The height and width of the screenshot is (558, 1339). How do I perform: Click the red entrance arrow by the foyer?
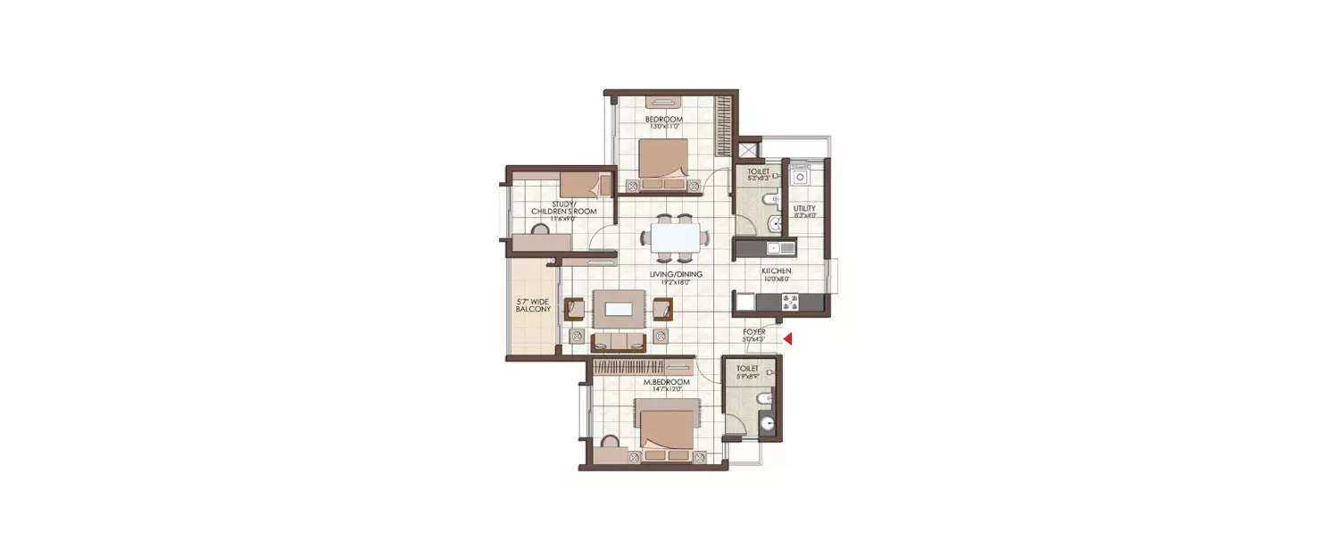coord(787,337)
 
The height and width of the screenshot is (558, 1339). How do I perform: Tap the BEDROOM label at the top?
coord(664,120)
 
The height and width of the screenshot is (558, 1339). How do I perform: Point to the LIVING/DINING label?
coord(676,274)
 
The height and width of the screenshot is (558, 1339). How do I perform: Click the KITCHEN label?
coord(776,271)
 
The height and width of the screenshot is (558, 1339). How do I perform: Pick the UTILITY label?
coord(804,209)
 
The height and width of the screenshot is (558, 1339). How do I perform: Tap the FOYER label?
coord(754,331)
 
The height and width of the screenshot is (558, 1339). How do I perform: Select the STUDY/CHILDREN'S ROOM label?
coord(562,207)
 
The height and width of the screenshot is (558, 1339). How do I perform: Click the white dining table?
coord(675,237)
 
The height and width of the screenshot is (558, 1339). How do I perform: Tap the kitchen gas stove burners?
coord(789,300)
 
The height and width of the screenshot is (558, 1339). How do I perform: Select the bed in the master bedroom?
coord(666,429)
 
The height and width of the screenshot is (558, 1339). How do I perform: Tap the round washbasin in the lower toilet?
coord(765,422)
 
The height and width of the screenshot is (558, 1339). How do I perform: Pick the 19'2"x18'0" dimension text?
coord(676,282)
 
